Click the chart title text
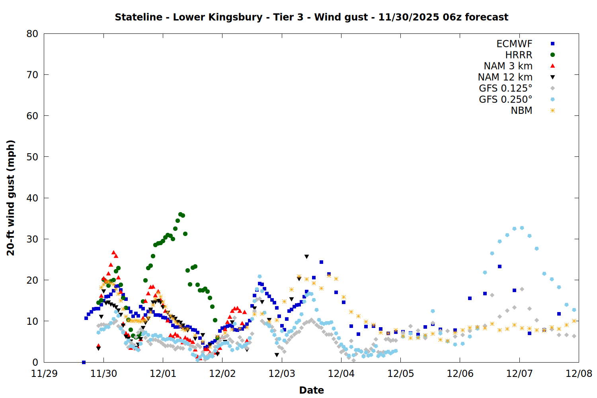point(311,17)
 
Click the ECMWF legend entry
point(514,44)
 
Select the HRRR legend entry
point(519,55)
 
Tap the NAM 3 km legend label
point(508,66)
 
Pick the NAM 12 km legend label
point(505,77)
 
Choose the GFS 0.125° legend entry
point(505,88)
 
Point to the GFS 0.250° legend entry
point(505,99)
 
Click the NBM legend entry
point(521,111)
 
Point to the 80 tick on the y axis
point(32,34)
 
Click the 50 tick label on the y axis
point(32,157)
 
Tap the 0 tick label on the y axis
point(35,362)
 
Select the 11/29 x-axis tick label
point(44,374)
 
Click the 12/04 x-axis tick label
point(341,374)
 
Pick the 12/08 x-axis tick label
point(579,374)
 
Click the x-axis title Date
point(311,390)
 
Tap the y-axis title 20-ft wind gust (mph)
point(11,198)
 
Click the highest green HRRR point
point(180,215)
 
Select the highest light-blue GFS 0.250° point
point(522,228)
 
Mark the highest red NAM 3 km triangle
point(113,252)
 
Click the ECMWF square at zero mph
point(84,362)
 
